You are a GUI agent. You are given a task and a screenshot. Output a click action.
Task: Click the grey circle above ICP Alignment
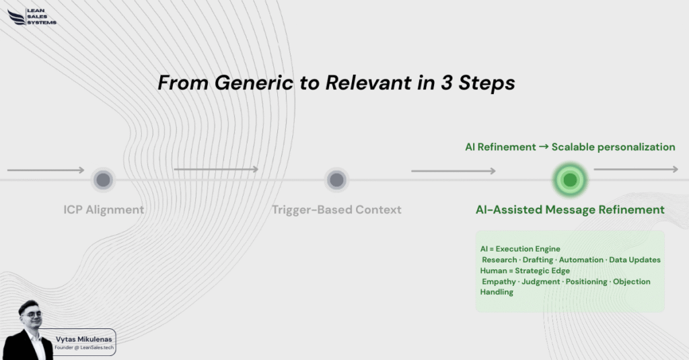tap(103, 180)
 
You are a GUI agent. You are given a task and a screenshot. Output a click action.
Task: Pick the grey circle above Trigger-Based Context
tap(336, 180)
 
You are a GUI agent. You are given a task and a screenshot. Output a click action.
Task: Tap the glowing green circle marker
tap(570, 180)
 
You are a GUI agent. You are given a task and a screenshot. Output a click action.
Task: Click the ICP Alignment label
tap(104, 209)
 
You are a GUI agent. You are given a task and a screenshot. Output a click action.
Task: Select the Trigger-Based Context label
tap(336, 209)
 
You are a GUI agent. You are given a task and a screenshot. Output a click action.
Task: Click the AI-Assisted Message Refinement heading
tap(570, 209)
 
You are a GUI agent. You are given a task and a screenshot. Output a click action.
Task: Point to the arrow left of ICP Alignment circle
tap(46, 170)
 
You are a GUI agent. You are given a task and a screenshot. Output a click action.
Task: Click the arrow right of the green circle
tap(636, 170)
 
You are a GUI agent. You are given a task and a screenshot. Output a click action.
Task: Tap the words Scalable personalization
tap(613, 147)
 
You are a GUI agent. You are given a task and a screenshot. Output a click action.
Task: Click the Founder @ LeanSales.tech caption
tap(84, 348)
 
